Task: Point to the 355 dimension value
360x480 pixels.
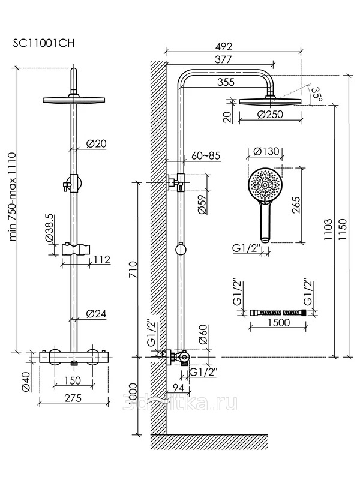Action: (x=226, y=83)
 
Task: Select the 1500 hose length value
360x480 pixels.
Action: (x=276, y=323)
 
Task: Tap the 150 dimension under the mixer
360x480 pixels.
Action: (x=73, y=380)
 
